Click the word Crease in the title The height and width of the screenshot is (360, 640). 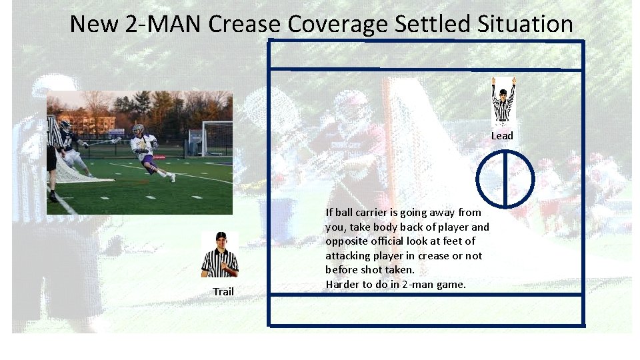[x=245, y=24]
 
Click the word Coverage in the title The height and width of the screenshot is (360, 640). [x=338, y=24]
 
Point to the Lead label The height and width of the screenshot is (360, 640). [x=502, y=136]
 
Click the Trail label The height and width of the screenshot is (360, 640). [x=223, y=291]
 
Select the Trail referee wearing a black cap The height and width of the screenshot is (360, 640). [x=220, y=255]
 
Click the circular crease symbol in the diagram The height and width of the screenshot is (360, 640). [x=505, y=179]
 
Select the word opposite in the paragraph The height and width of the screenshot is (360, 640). [x=345, y=241]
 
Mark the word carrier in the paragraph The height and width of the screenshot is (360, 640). [x=376, y=213]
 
